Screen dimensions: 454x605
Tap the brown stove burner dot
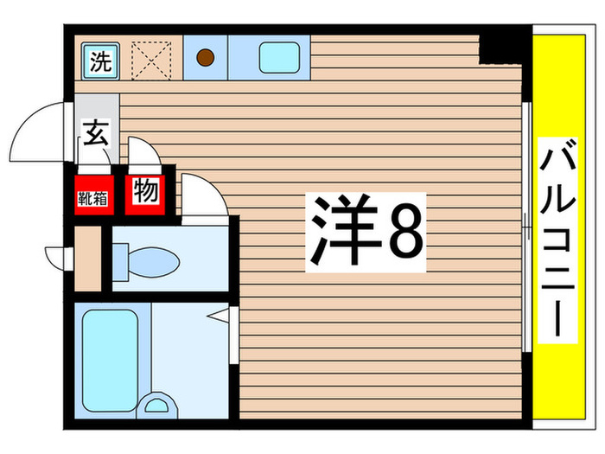click(206, 59)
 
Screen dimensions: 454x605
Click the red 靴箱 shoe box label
click(93, 196)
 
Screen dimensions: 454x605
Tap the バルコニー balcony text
click(558, 243)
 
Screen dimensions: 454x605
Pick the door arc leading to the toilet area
click(204, 195)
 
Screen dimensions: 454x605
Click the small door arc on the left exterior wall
click(59, 256)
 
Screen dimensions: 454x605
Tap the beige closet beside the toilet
click(88, 259)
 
